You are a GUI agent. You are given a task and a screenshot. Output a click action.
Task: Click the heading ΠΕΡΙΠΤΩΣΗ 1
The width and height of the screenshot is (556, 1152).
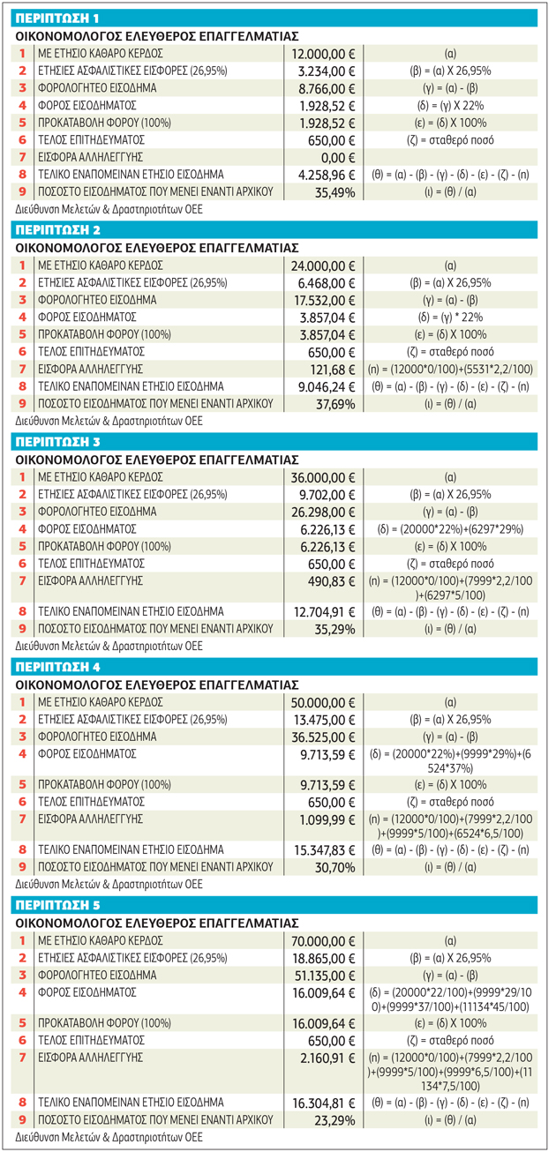[x=57, y=19]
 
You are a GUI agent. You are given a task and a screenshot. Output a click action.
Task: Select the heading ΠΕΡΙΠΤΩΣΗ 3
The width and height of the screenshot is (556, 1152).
[x=57, y=442]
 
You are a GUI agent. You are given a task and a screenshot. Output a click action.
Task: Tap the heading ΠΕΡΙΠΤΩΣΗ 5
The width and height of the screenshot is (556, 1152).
[x=57, y=905]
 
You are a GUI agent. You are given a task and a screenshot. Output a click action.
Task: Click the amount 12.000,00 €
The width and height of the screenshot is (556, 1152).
[x=323, y=54]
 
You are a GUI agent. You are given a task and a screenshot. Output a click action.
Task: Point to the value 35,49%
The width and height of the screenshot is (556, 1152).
[x=334, y=193]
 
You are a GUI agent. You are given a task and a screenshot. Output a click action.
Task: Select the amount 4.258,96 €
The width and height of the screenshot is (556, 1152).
[x=327, y=176]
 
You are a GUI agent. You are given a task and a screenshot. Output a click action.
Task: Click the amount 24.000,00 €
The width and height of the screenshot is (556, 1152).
[x=323, y=266]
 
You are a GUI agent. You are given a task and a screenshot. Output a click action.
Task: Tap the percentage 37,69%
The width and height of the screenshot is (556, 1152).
[x=335, y=405]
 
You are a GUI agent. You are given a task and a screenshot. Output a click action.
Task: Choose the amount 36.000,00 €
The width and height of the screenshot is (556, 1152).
[x=323, y=478]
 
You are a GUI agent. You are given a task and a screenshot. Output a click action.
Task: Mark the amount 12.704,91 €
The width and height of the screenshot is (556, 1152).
[x=325, y=612]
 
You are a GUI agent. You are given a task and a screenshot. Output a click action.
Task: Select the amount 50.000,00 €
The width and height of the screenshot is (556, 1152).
[x=323, y=703]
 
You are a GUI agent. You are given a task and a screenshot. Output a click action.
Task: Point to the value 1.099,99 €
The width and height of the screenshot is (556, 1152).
[x=327, y=819]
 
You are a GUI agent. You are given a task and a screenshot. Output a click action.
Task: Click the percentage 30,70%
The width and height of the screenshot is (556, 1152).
[x=334, y=868]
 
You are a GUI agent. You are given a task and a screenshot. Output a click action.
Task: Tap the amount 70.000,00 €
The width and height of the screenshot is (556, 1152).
[x=323, y=942]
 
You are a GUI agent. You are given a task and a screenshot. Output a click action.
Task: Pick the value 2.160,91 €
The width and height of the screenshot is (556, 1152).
[x=327, y=1058]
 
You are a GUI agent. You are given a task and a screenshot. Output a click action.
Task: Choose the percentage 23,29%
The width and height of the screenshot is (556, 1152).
[x=334, y=1120]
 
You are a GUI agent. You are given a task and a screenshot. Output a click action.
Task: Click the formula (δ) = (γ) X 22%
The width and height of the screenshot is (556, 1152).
[x=450, y=106]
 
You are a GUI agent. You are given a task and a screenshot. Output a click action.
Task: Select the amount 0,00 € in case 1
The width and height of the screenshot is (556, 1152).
[x=338, y=158]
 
